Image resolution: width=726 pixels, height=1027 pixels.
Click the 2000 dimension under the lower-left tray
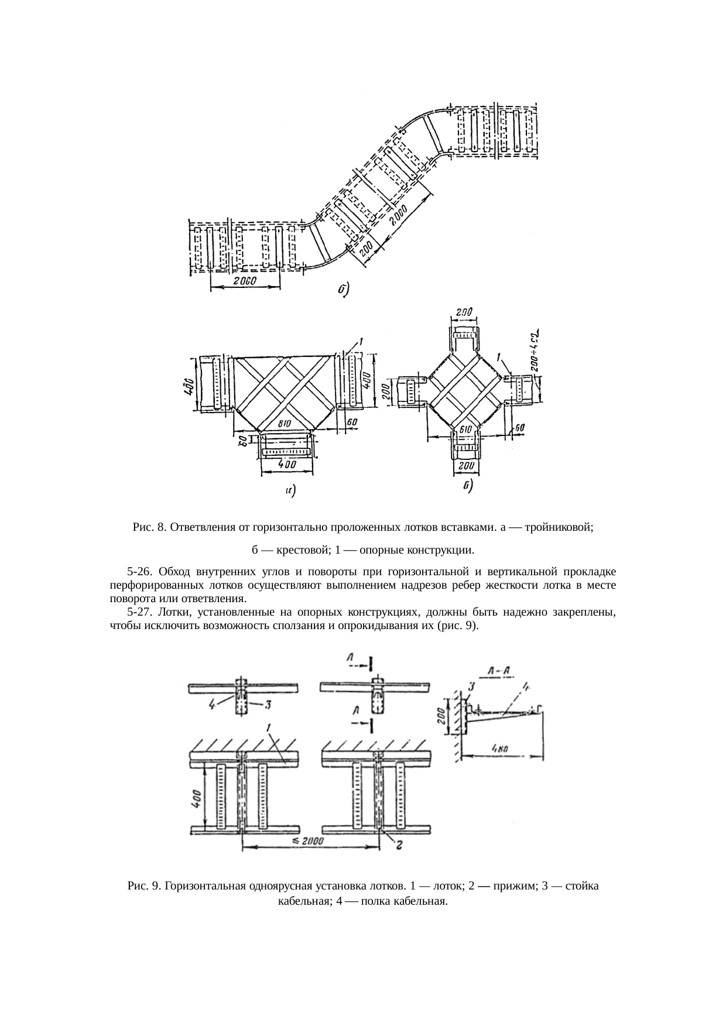pyautogui.click(x=244, y=280)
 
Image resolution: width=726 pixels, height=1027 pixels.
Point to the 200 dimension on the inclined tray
pyautogui.click(x=365, y=251)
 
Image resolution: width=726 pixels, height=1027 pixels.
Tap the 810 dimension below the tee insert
pyautogui.click(x=285, y=423)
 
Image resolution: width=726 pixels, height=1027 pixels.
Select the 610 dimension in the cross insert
pyautogui.click(x=465, y=430)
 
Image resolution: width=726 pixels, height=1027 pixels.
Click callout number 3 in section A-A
pyautogui.click(x=471, y=685)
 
